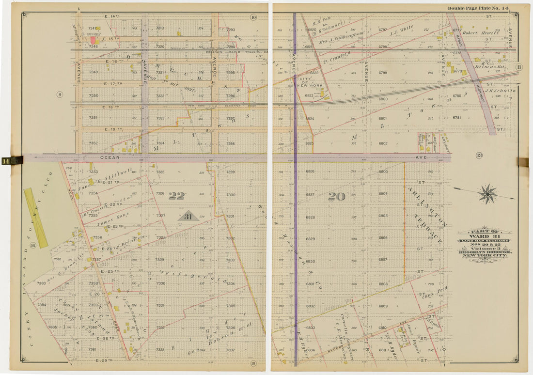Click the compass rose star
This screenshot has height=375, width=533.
(487, 194)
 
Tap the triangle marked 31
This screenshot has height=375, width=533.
(188, 216)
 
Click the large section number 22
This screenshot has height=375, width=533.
(177, 196)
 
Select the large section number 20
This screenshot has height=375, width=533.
(336, 196)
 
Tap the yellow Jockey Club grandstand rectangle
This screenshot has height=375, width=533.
(36, 218)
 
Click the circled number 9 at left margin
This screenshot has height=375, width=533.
(60, 94)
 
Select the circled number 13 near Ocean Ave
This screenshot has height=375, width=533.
(479, 155)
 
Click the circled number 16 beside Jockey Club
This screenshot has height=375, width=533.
(32, 246)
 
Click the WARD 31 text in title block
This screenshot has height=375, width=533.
(484, 236)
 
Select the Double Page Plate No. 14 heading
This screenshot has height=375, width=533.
(478, 8)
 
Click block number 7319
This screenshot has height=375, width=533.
(159, 29)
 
